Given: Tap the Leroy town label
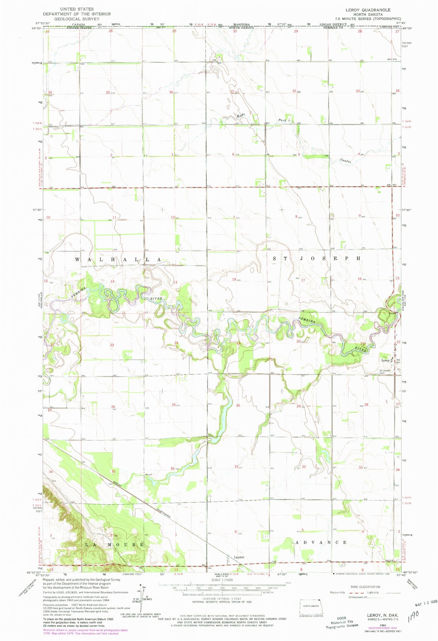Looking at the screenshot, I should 385,361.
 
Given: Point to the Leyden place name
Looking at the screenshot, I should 239,557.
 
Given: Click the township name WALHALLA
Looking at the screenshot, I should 118,260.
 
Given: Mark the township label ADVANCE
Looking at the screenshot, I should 319,542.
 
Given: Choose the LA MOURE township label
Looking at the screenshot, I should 114,545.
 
